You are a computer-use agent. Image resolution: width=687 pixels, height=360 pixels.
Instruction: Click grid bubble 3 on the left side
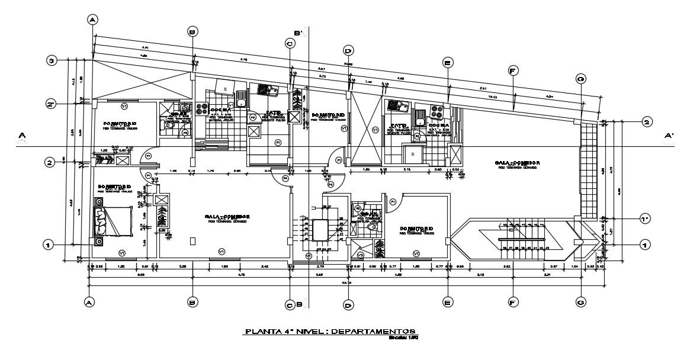click(52, 60)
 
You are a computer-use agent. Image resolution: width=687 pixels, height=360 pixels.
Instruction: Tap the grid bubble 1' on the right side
click(647, 218)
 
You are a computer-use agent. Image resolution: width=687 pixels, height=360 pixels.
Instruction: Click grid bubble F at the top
click(513, 70)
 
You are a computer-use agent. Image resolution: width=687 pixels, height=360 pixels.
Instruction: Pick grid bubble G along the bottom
click(581, 302)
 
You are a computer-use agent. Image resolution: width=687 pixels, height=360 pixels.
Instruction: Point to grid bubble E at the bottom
click(448, 302)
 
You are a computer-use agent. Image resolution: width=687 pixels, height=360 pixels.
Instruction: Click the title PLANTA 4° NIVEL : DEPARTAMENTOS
click(330, 332)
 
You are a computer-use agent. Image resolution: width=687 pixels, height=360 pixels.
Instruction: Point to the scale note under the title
click(404, 338)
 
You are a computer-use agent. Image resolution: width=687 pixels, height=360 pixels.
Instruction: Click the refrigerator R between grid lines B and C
click(225, 88)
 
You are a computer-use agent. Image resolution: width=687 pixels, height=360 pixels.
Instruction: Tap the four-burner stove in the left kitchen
click(203, 108)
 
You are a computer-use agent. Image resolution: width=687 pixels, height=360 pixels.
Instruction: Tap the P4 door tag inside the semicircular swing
click(285, 178)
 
